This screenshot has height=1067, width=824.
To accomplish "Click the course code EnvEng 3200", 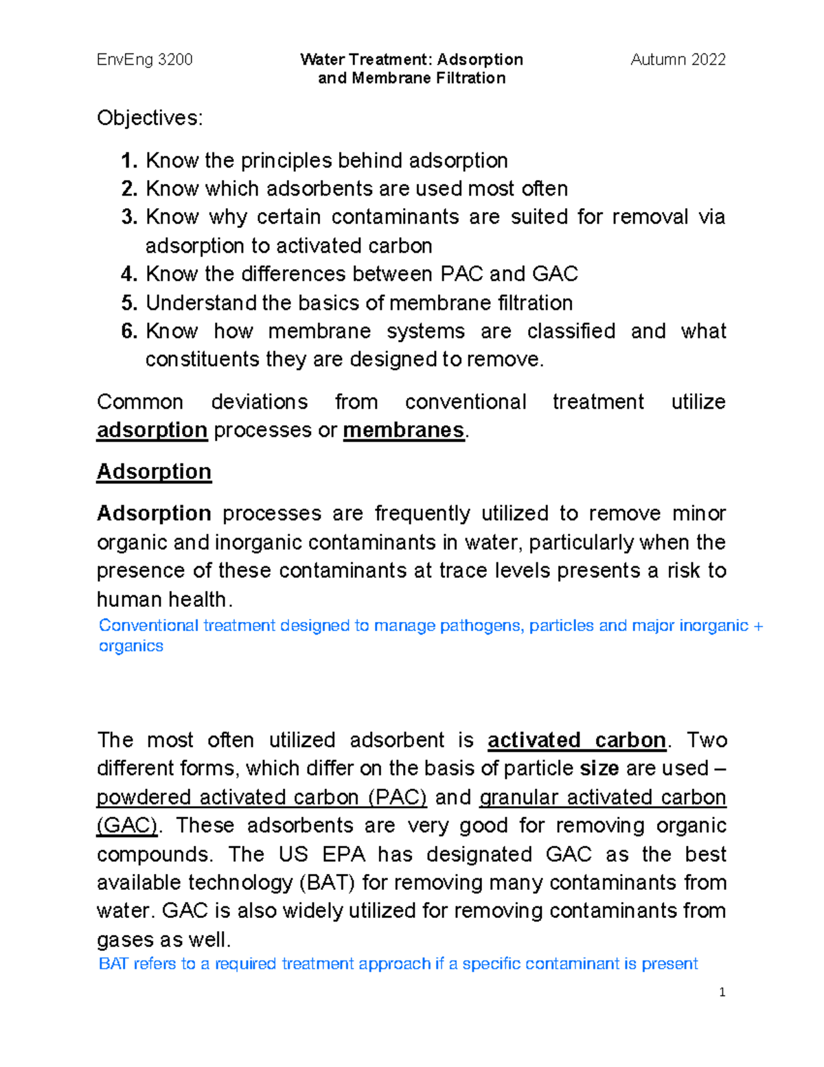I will pyautogui.click(x=144, y=60).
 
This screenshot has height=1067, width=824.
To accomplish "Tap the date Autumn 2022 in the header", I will pyautogui.click(x=678, y=60).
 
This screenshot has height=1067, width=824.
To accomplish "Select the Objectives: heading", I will pyautogui.click(x=150, y=118).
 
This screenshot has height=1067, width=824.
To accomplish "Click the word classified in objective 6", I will pyautogui.click(x=571, y=331).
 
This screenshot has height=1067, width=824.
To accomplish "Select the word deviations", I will pyautogui.click(x=259, y=402).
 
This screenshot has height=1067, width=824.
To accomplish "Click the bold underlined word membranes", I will pyautogui.click(x=404, y=430).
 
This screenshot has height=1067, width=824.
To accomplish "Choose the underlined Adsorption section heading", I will pyautogui.click(x=154, y=472).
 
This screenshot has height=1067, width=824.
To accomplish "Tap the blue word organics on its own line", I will pyautogui.click(x=130, y=646).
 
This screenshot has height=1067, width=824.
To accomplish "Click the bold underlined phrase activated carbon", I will pyautogui.click(x=576, y=740).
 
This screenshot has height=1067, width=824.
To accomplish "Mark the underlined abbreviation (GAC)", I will pyautogui.click(x=127, y=825).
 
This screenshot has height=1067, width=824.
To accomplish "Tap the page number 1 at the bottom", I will pyautogui.click(x=722, y=992).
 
